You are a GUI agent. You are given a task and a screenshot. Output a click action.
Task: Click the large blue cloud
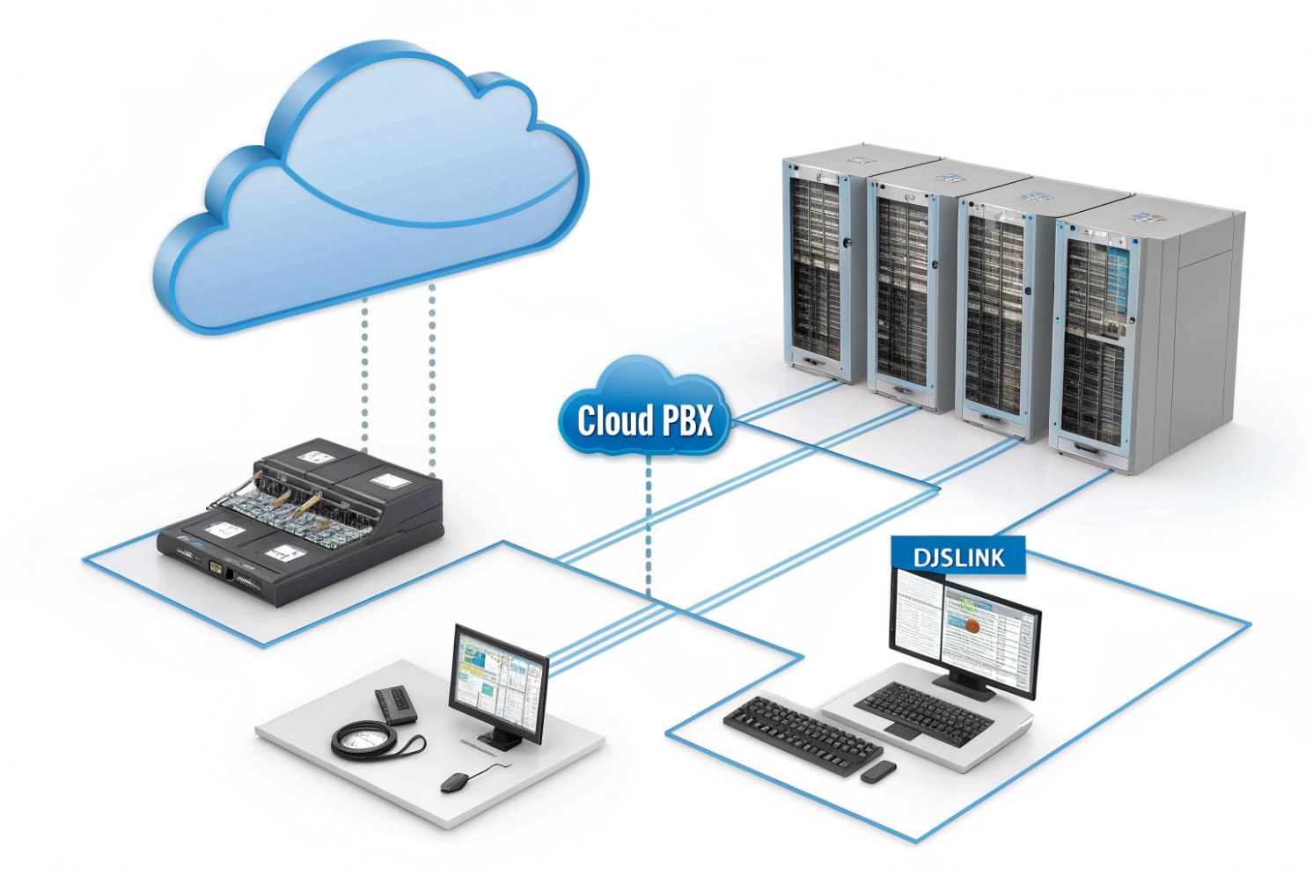(370, 193)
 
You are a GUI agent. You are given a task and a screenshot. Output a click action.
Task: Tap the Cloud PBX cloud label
(644, 413)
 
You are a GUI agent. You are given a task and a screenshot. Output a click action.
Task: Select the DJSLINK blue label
(957, 557)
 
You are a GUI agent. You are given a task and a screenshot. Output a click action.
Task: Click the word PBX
(687, 421)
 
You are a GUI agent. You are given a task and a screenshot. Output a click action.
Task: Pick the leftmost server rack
(818, 264)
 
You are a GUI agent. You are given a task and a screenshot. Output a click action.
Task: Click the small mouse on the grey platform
(456, 782)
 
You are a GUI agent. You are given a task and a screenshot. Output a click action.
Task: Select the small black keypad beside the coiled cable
(396, 704)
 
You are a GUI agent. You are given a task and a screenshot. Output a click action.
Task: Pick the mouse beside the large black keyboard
(878, 772)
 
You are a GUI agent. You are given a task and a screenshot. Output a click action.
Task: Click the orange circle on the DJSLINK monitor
(972, 626)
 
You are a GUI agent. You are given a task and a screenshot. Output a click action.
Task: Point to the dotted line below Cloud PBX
(649, 528)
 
